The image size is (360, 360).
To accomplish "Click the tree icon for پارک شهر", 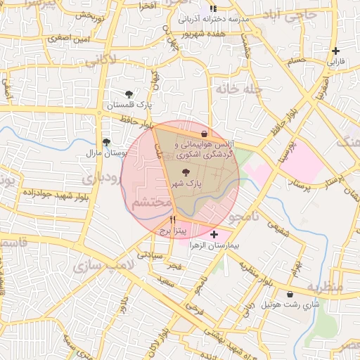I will pyautogui.click(x=186, y=172).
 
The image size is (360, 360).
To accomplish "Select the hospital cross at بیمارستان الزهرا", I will pyautogui.click(x=214, y=234).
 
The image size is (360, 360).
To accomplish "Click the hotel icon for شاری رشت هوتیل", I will pyautogui.click(x=290, y=294).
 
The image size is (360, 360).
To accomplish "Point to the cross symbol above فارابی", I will pyautogui.click(x=336, y=51).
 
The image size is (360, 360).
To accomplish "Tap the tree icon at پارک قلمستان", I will pyautogui.click(x=129, y=94).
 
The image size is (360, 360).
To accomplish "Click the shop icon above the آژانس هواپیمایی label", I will pyautogui.click(x=204, y=133).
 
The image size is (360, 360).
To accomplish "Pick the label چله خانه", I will pyautogui.click(x=239, y=90).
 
